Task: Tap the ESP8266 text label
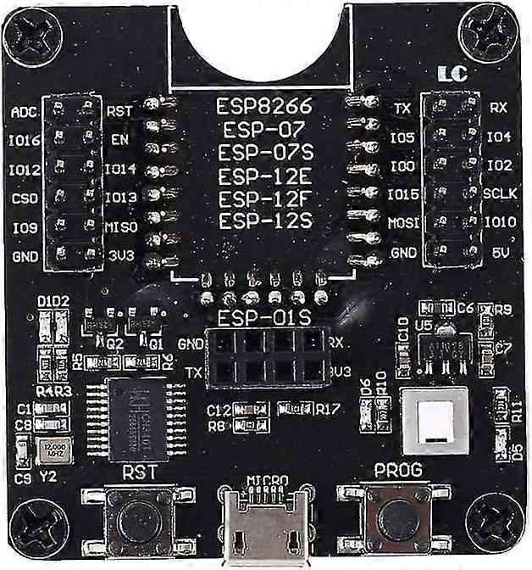click(x=265, y=108)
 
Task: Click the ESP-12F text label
click(x=265, y=199)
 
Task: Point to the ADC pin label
click(x=24, y=112)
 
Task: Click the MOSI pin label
click(x=402, y=224)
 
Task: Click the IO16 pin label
click(x=25, y=141)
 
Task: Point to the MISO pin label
click(x=119, y=226)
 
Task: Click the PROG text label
click(x=397, y=470)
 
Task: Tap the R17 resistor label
click(x=327, y=410)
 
